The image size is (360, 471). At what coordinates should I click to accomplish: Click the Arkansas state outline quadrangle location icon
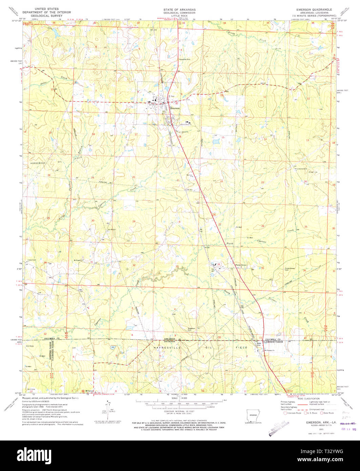[x=251, y=415]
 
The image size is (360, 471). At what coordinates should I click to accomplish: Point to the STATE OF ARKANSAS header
[x=180, y=9]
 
